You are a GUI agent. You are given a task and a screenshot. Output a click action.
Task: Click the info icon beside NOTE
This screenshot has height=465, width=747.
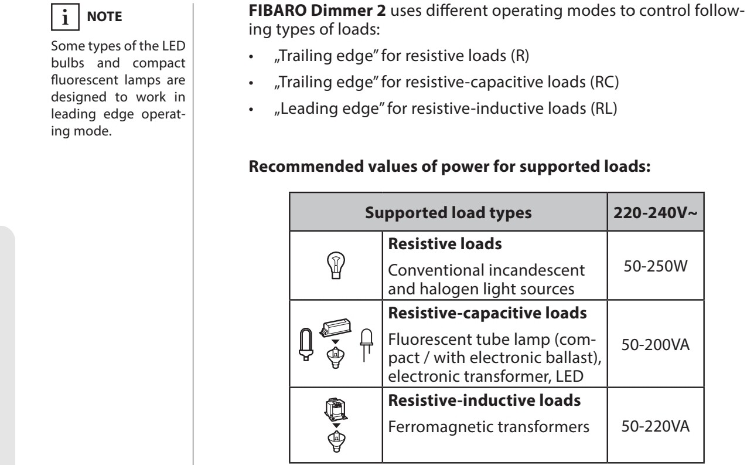coord(65,16)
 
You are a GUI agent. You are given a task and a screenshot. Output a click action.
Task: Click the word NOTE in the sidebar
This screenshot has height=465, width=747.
coord(104,16)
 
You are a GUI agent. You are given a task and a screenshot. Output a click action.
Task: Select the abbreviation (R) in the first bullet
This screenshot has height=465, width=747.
coord(520,56)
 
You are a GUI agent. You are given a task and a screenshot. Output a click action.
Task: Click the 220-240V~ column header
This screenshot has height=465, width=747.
coord(655,212)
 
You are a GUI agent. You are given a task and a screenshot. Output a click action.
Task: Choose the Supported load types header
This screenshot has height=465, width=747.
coord(448,213)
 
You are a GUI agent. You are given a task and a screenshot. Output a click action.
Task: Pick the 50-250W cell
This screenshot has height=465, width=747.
coord(655,266)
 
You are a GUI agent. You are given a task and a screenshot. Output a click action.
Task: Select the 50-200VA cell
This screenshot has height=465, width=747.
coord(655,344)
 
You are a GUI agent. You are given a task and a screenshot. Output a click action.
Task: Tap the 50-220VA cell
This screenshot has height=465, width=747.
coord(655,426)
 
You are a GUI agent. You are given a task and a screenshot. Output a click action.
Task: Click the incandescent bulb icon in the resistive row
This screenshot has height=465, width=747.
coord(336,266)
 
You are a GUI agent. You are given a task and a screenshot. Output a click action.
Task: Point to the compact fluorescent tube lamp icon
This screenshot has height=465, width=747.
coord(306,344)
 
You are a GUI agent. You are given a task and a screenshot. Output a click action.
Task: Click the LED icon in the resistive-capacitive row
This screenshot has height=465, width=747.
coord(366,345)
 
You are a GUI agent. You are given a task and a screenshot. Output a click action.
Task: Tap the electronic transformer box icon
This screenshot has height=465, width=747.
coord(336,327)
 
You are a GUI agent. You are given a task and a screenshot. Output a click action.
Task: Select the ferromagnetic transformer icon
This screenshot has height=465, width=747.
coord(336,409)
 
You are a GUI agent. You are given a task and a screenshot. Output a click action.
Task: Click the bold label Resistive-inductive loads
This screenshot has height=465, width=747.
coord(484,400)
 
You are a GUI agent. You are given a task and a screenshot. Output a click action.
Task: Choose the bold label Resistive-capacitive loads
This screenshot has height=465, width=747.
coord(487,313)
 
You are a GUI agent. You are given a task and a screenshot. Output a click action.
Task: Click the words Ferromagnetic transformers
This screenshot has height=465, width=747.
coord(489,427)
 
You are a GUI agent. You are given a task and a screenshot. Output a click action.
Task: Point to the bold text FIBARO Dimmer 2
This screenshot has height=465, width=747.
coord(317,11)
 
